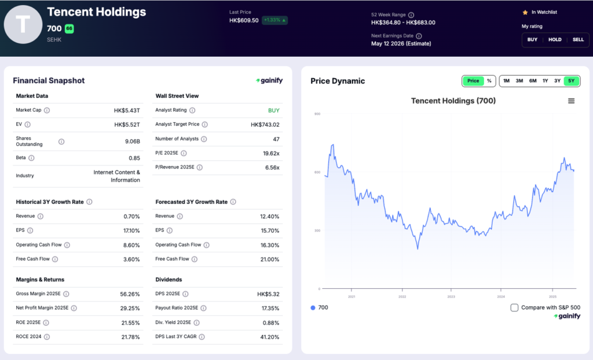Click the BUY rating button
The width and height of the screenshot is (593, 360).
(532, 39)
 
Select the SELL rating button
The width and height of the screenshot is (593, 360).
(578, 39)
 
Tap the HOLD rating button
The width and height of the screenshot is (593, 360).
(555, 39)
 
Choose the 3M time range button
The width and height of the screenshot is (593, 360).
(519, 81)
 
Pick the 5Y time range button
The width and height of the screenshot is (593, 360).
(571, 81)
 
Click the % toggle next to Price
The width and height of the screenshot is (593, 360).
(489, 81)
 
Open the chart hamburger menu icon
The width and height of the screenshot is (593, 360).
(571, 101)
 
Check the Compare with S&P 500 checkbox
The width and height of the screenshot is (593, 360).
(514, 307)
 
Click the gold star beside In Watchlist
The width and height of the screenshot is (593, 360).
(525, 12)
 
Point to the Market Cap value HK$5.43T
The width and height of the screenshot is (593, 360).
(127, 110)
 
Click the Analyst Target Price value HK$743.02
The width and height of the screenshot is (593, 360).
(265, 124)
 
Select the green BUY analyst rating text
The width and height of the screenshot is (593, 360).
(273, 110)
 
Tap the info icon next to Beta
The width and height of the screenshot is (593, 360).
(31, 158)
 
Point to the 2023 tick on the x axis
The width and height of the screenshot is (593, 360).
(451, 296)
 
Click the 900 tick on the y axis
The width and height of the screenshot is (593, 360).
(317, 114)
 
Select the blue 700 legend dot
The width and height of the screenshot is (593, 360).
(313, 307)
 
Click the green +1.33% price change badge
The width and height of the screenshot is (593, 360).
(274, 20)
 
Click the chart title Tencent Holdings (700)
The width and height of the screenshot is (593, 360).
(453, 101)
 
